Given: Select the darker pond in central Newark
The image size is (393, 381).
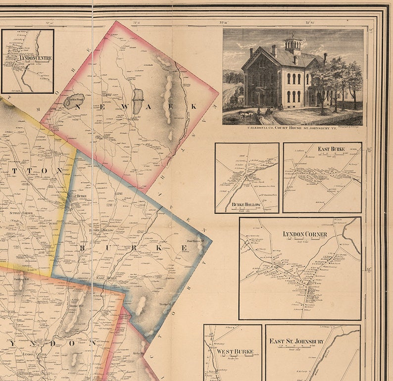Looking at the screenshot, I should coord(138,101).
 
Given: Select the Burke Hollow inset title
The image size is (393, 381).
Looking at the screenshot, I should coord(246,204).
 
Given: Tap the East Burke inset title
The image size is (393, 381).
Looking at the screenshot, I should coord(331,148).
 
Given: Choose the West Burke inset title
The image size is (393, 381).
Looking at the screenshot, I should coord(235,351).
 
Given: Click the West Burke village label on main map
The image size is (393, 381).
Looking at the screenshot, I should coord(77,196).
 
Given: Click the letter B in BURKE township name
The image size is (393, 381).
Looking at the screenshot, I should coord(83,247).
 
